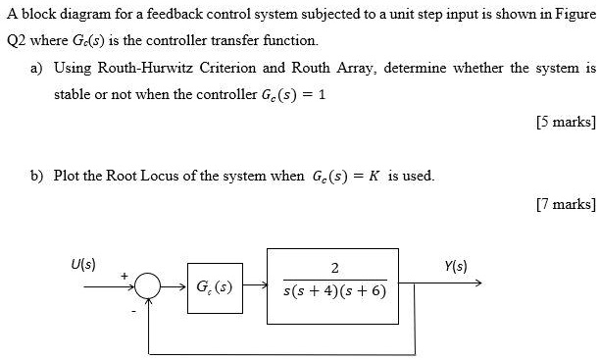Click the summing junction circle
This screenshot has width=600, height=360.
tap(147, 288)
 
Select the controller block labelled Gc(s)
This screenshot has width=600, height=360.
tap(215, 288)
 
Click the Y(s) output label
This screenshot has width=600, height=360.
tap(456, 265)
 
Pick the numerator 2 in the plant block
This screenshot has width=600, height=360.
tap(335, 269)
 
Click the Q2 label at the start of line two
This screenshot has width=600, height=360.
tap(17, 41)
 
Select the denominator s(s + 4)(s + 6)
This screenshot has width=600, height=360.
tap(334, 291)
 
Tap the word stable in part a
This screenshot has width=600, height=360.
tap(72, 95)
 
